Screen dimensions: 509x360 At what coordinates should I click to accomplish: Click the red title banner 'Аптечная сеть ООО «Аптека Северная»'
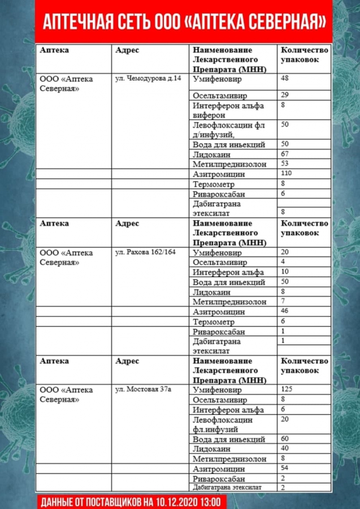click(184, 21)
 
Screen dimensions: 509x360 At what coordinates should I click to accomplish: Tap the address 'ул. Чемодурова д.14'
click(148, 78)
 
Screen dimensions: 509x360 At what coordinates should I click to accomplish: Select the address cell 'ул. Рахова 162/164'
click(146, 252)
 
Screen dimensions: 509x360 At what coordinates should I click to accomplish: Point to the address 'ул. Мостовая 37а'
click(144, 389)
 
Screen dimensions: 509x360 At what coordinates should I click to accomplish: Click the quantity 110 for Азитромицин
click(286, 173)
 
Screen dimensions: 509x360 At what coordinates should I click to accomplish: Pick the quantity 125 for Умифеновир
click(287, 389)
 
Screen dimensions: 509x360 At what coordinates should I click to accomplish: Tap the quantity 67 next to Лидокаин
click(285, 154)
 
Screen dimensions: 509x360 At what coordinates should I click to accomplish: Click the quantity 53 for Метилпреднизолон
click(285, 163)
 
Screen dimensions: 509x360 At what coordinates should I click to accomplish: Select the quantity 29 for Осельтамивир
click(285, 94)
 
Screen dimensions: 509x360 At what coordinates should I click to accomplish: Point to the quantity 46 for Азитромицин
click(285, 311)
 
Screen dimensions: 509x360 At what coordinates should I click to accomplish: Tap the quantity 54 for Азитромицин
click(285, 468)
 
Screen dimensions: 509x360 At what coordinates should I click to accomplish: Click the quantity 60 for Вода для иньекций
click(285, 438)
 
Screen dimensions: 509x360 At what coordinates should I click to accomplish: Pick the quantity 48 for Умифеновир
click(285, 78)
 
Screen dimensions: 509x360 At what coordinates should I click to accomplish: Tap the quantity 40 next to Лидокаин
click(285, 448)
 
